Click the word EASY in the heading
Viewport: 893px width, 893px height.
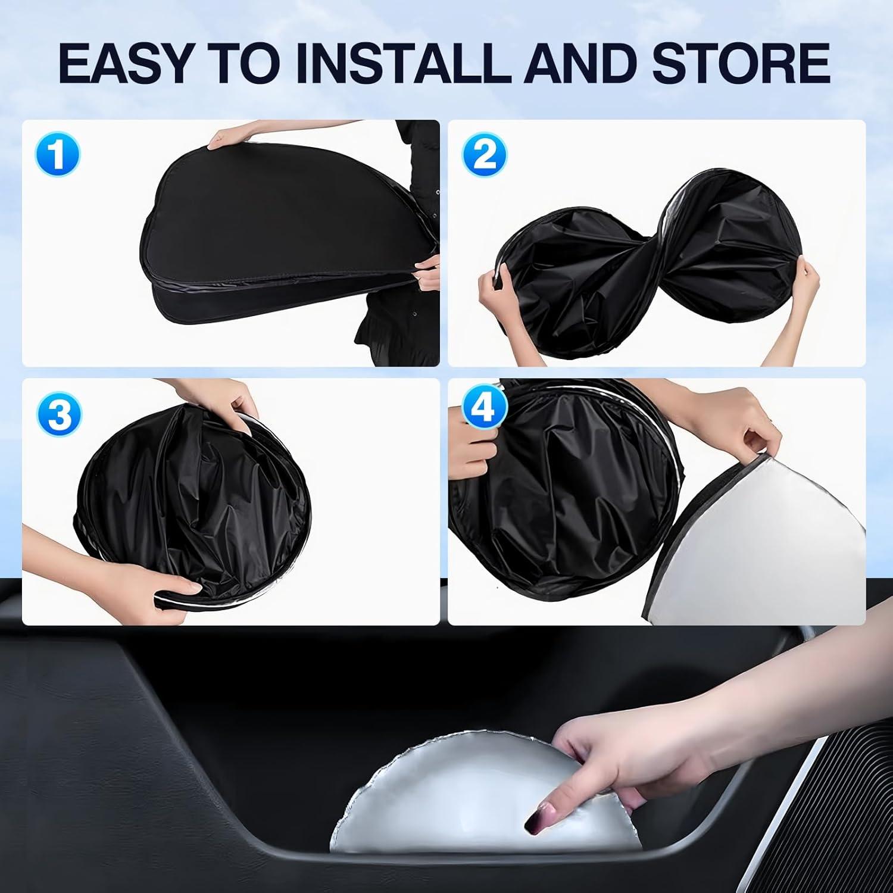tap(125, 63)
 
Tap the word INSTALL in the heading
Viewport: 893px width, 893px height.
tap(402, 63)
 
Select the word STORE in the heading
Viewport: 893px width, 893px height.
tap(741, 63)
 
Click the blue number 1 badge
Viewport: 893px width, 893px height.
tap(57, 154)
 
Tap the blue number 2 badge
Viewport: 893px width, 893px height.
tap(485, 154)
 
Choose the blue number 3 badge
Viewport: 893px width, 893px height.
tap(58, 413)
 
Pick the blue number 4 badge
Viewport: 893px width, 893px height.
tap(485, 409)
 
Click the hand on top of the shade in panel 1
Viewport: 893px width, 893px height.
tap(229, 138)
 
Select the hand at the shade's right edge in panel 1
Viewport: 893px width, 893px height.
tap(426, 271)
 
